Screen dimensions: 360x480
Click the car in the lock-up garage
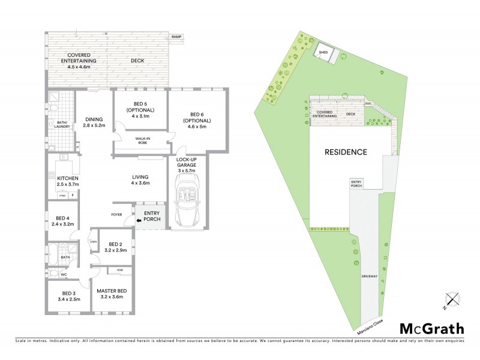(x=187, y=202)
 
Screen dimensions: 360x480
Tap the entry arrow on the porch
(x=140, y=221)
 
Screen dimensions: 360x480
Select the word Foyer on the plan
(x=117, y=214)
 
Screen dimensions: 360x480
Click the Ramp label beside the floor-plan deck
(x=176, y=37)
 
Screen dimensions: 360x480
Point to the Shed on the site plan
(x=323, y=53)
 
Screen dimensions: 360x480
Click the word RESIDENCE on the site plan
(x=346, y=152)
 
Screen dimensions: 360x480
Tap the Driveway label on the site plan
(x=368, y=277)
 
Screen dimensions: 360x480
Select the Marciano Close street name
(x=367, y=325)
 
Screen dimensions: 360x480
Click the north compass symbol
(x=451, y=300)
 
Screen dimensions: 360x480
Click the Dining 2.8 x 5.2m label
(x=95, y=122)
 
